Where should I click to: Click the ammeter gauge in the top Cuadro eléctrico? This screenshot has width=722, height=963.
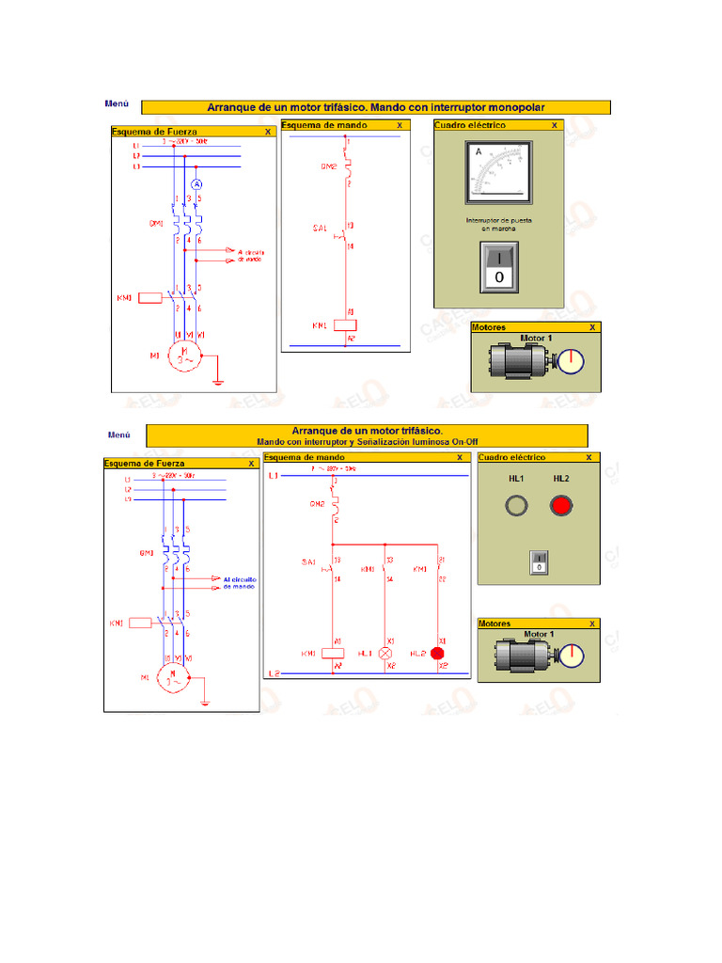click(496, 172)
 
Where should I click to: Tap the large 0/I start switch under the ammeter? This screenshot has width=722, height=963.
click(498, 266)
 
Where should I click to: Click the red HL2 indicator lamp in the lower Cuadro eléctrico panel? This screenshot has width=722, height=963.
click(561, 506)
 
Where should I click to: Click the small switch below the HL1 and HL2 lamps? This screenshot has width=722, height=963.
click(539, 561)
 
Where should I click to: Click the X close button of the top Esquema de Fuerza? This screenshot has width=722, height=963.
click(268, 133)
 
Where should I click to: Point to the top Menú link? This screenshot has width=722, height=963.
click(117, 104)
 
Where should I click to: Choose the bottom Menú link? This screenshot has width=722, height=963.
click(119, 434)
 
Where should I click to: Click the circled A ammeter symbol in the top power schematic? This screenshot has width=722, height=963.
click(197, 183)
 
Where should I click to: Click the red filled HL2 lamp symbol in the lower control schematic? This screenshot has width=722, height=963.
click(436, 653)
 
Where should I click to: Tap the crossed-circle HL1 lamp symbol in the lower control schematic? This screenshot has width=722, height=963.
click(385, 653)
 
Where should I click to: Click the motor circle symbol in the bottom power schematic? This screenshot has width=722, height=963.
click(172, 677)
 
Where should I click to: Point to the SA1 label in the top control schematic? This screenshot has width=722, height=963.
click(320, 229)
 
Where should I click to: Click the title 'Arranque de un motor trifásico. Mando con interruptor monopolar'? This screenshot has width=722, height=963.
click(375, 107)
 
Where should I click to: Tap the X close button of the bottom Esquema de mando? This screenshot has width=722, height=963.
click(460, 457)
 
